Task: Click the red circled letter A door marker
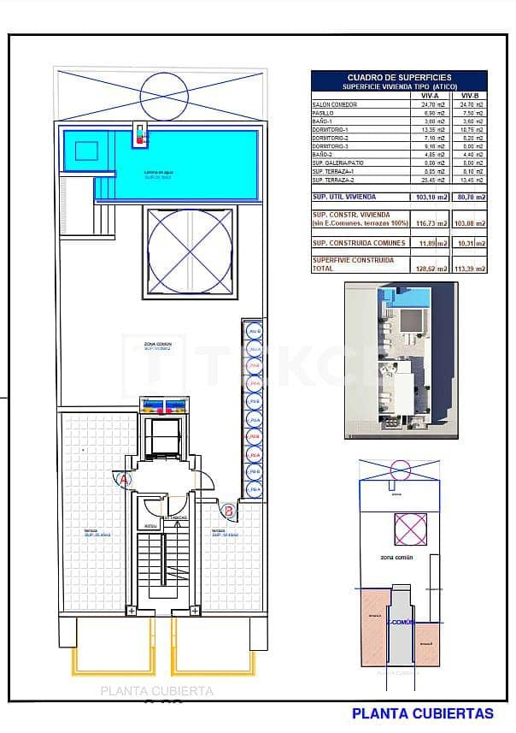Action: point(125,480)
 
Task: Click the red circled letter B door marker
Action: point(228,511)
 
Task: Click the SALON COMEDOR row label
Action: point(334,104)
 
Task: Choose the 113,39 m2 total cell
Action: point(469,268)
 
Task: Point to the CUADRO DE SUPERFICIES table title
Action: point(399,77)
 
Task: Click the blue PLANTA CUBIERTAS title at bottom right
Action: point(422,713)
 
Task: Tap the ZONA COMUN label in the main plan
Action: point(157,344)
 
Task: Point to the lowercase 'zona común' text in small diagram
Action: point(396,557)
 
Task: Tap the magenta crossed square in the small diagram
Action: point(408,528)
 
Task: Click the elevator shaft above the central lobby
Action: point(162,436)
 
